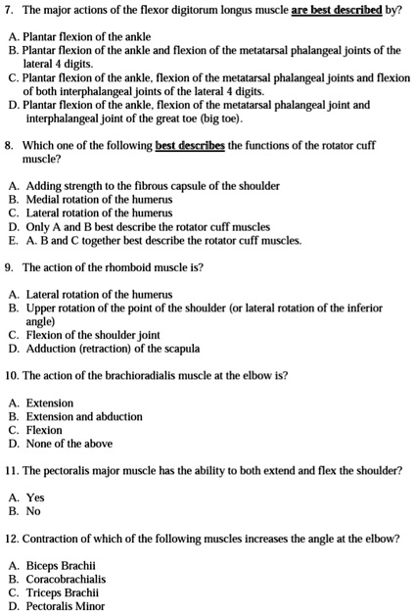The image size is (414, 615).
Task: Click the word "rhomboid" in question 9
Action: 123,266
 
